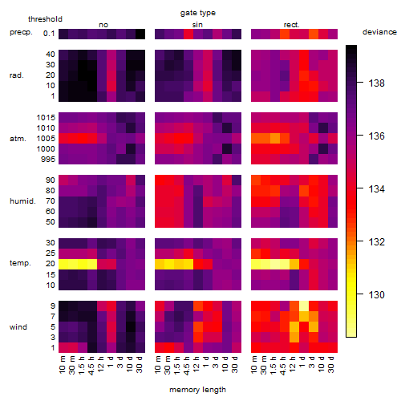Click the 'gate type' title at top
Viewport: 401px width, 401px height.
tap(198, 13)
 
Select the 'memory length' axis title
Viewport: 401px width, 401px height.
tap(197, 390)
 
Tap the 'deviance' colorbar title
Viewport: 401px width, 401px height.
tap(379, 32)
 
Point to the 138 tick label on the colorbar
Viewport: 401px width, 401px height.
tap(376, 83)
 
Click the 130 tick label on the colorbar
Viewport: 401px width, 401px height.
tap(376, 295)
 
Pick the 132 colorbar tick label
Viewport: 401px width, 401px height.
tap(376, 242)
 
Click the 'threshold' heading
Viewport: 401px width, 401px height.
tap(45, 19)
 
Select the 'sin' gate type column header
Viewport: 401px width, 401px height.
tap(197, 25)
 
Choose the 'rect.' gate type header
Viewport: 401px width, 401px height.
tap(292, 25)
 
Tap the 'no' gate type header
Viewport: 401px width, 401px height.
tap(103, 25)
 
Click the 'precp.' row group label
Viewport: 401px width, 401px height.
tap(21, 32)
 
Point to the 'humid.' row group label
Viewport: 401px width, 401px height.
tap(22, 201)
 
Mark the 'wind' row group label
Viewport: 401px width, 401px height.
tap(18, 327)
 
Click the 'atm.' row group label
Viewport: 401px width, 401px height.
tap(18, 139)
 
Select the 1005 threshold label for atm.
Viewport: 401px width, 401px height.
tap(46, 139)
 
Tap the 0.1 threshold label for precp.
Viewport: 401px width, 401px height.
tap(49, 34)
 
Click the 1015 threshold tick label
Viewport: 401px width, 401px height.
tap(46, 118)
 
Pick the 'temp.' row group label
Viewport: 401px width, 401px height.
tap(20, 263)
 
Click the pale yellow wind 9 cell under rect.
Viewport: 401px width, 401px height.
tap(304, 306)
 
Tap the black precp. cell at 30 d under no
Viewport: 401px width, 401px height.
tap(140, 34)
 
